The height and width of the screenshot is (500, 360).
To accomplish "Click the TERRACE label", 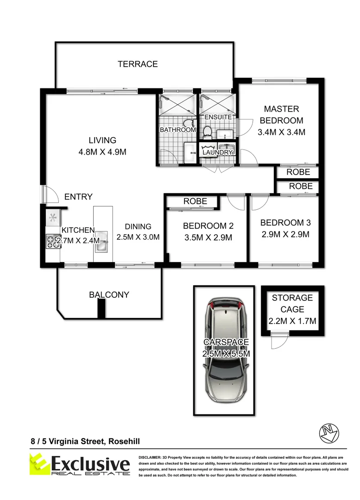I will click(138, 64).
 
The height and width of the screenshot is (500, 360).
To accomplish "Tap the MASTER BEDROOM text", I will click(281, 115).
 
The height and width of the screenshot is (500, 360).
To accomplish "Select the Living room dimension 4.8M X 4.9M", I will click(103, 152).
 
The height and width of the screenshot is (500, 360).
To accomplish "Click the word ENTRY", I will click(78, 197).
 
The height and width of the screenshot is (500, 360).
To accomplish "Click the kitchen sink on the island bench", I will click(101, 241).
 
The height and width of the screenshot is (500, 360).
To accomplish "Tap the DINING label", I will click(138, 226).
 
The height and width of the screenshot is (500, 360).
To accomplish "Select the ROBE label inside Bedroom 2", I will click(195, 201).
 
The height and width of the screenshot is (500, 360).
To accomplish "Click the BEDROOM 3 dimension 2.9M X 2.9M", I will click(285, 234).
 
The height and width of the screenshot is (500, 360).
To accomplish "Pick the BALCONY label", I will click(109, 294).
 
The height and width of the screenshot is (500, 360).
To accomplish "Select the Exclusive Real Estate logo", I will click(80, 464).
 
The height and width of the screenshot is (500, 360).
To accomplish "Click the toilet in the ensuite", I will click(207, 132).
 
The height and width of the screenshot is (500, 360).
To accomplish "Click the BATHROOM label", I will click(178, 130).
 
